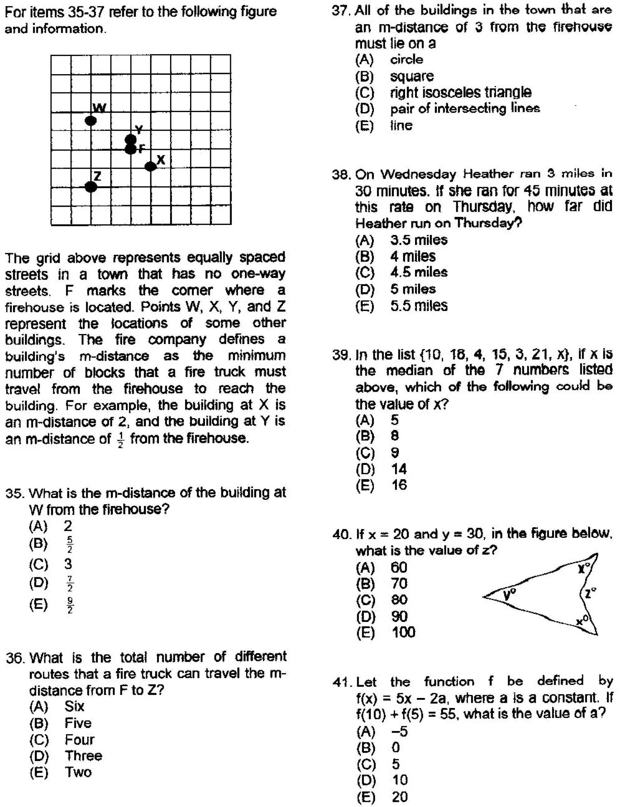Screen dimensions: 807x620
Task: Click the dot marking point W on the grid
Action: pos(91,121)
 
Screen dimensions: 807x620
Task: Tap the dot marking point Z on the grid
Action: pos(91,187)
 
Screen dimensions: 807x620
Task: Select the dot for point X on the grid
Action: pos(150,166)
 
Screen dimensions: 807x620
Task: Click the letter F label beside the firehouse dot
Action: pos(142,149)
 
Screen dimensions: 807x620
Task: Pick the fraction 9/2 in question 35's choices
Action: pos(70,605)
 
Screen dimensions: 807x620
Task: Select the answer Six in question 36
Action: pos(74,706)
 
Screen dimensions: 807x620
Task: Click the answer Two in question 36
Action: pos(78,772)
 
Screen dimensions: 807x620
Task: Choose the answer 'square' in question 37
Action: pos(412,76)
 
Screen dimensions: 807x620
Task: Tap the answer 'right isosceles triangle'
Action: pos(460,92)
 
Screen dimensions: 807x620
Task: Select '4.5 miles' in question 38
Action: pos(418,273)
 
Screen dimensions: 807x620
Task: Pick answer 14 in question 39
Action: pos(399,469)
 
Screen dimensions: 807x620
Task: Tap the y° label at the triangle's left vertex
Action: pos(510,595)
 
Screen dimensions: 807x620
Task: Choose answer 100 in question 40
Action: pos(403,632)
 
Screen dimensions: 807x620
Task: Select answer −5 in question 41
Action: pos(399,731)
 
